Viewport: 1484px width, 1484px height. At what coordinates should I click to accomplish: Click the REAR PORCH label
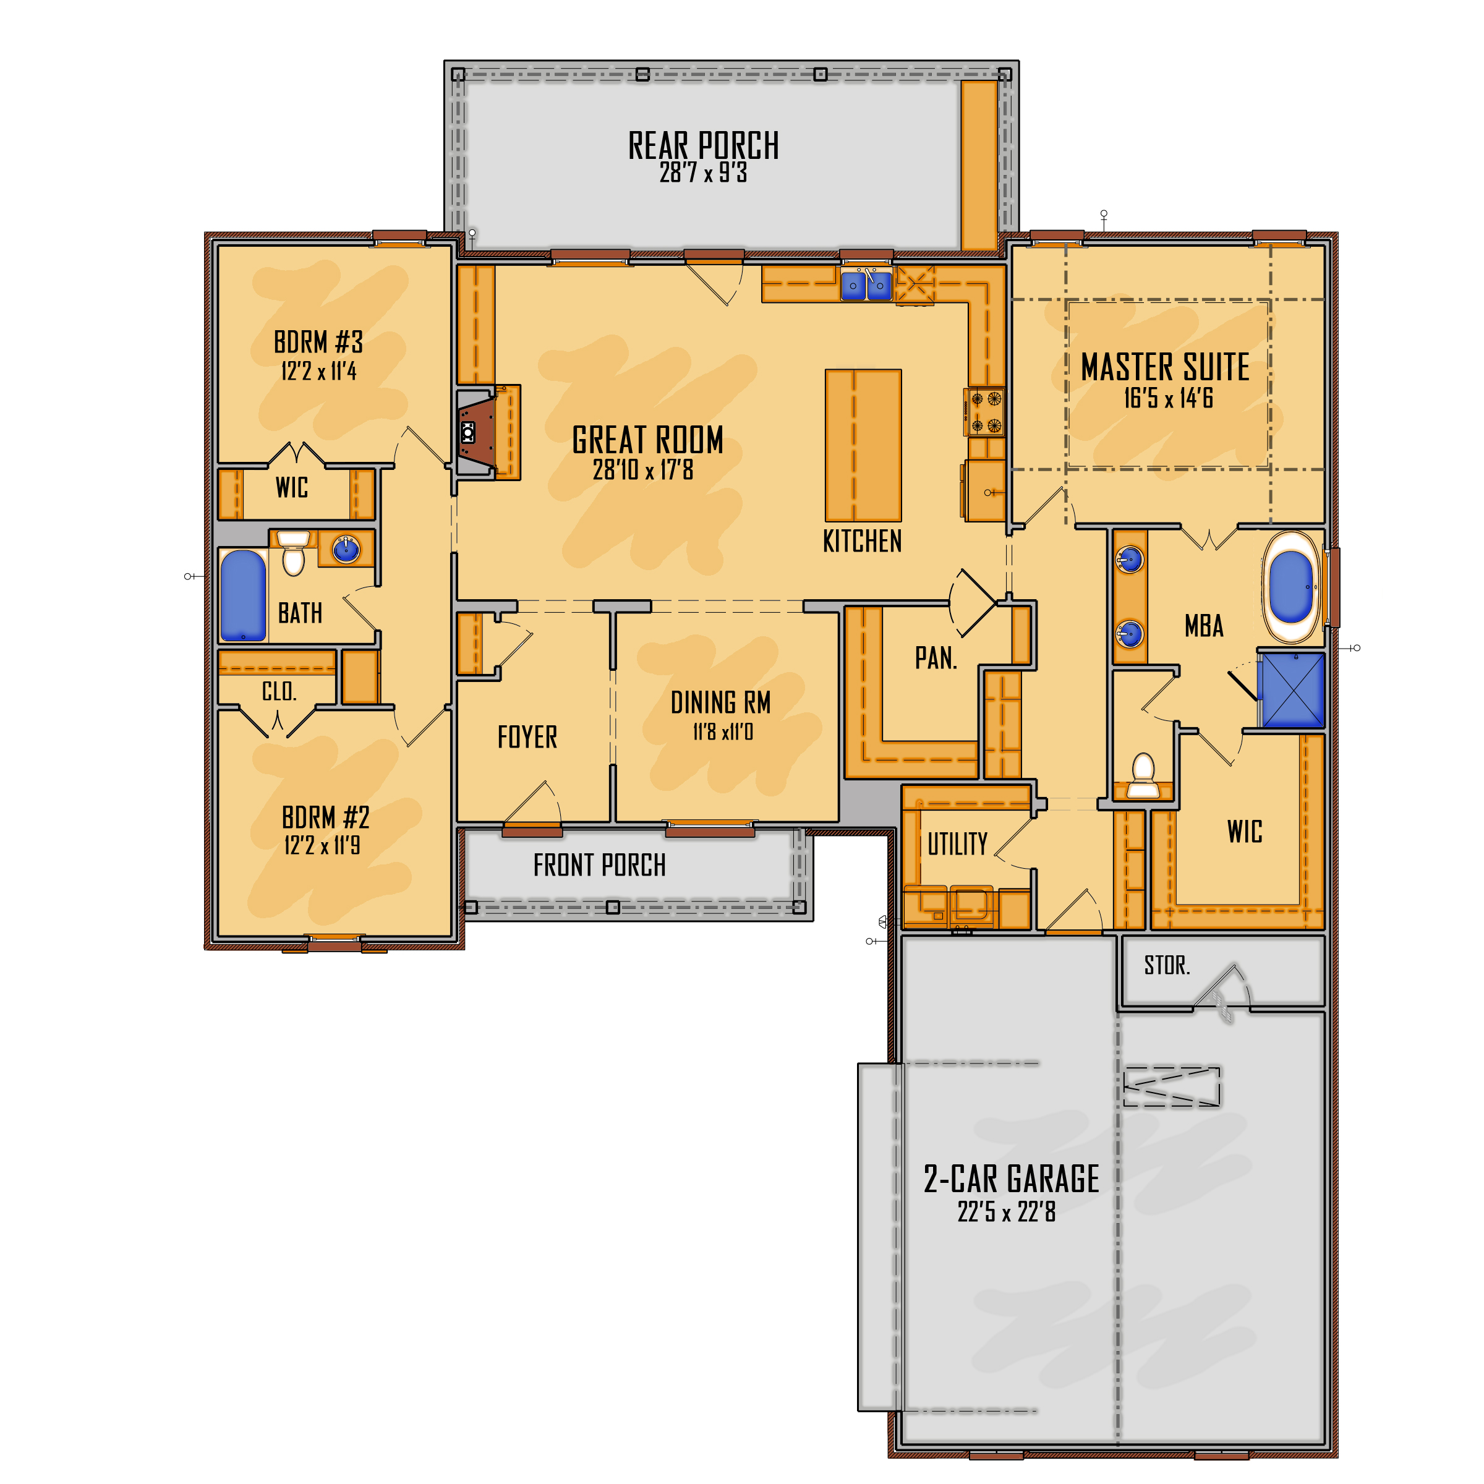[x=704, y=145]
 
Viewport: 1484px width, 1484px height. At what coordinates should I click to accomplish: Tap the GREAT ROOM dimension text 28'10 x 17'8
[x=643, y=469]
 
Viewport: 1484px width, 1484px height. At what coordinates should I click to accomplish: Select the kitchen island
[x=863, y=445]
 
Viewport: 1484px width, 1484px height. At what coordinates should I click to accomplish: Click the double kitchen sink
[x=866, y=286]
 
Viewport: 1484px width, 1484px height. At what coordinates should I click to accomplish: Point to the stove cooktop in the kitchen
[x=986, y=412]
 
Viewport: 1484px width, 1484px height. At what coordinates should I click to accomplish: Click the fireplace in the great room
[x=476, y=432]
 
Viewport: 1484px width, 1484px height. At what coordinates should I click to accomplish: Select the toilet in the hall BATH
[x=294, y=552]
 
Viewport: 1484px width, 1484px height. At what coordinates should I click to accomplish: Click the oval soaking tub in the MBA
[x=1291, y=587]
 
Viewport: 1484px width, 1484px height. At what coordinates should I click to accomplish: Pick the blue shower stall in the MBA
[x=1294, y=690]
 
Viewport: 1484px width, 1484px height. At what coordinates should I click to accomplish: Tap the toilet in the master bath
[x=1143, y=776]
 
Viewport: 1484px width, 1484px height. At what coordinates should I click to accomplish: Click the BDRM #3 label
[x=318, y=342]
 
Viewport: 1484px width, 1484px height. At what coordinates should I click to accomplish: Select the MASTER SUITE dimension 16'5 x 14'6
[x=1168, y=398]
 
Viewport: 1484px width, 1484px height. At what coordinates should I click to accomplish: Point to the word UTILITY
[x=957, y=844]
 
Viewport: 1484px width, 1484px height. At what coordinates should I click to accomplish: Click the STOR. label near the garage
[x=1167, y=965]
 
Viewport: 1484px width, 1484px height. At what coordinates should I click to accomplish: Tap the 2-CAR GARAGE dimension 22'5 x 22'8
[x=1006, y=1211]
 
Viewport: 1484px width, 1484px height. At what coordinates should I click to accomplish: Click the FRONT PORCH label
[x=599, y=866]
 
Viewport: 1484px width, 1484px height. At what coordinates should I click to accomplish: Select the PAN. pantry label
[x=936, y=659]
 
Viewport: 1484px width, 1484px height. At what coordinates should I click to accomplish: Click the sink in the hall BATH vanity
[x=346, y=549]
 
